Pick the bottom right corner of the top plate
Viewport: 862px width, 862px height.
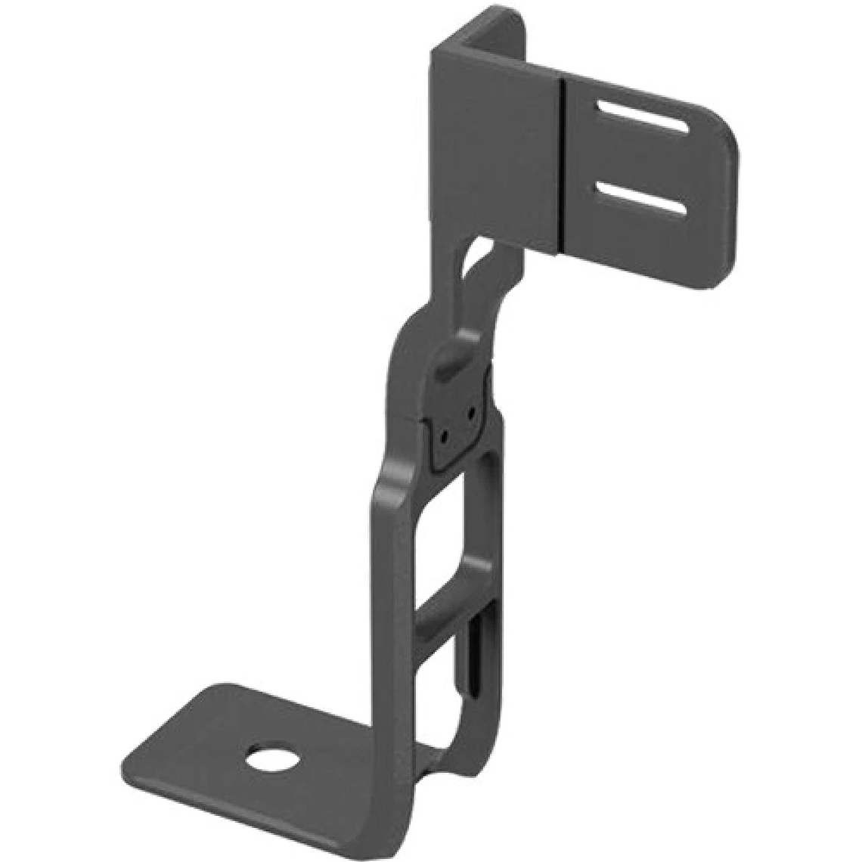703,284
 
